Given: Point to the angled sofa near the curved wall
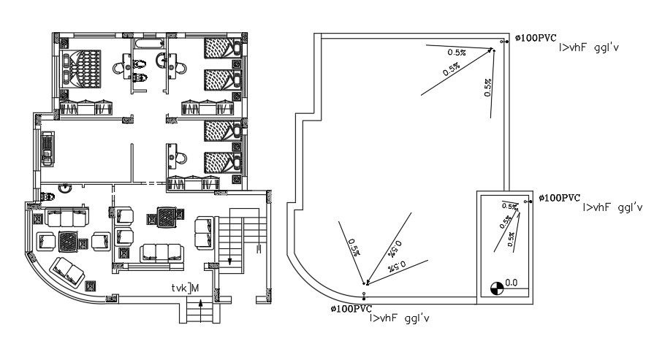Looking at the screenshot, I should click(66, 272).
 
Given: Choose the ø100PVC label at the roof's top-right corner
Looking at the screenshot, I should click(536, 38).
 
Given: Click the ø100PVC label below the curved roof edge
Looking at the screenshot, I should click(351, 309).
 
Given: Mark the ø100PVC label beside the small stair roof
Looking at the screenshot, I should click(560, 198).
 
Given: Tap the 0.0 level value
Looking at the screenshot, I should click(512, 281).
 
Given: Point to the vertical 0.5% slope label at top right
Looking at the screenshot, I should click(487, 87).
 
